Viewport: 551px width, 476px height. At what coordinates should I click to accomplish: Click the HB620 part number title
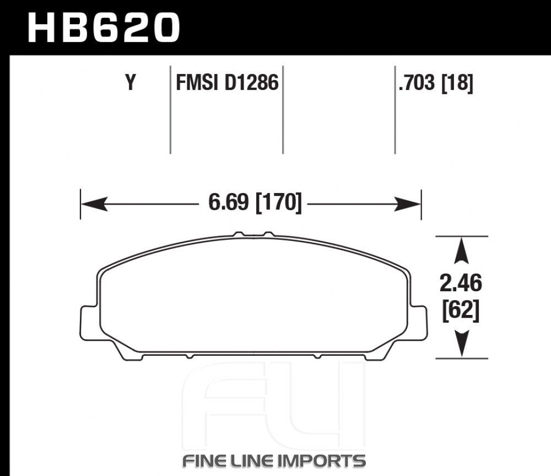coord(104,28)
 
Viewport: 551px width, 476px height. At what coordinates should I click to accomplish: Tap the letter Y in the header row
coord(131,83)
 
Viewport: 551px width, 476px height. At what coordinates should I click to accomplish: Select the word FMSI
coord(197,83)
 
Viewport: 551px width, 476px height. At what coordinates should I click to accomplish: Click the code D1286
coord(251,83)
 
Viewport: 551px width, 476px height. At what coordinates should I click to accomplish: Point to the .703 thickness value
coord(417,83)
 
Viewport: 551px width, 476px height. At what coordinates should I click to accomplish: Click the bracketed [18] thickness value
coord(457,83)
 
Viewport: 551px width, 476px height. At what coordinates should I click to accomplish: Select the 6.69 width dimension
coord(229,202)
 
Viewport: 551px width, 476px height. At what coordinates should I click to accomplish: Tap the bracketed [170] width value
coord(279,202)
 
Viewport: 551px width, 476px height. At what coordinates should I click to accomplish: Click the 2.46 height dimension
coord(461,283)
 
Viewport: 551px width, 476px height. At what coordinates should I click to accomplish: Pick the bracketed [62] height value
coord(461,311)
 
